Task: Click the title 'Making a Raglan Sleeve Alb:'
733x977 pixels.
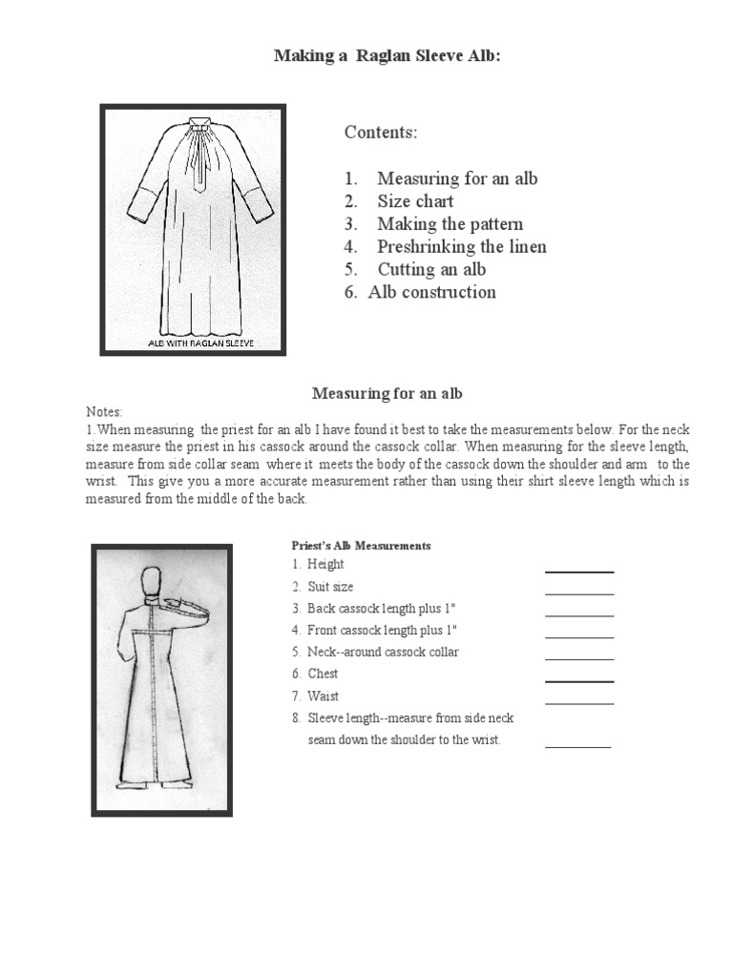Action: [387, 56]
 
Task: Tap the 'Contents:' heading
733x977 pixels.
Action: [381, 133]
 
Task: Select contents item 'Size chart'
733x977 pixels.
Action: [415, 201]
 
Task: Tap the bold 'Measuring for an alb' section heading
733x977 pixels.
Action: [387, 393]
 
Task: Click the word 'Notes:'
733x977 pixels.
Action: [104, 412]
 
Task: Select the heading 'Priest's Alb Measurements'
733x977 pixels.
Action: [361, 546]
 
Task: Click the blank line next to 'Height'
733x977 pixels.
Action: [578, 571]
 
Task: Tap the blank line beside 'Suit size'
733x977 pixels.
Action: [578, 592]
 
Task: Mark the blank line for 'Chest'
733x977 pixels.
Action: [578, 680]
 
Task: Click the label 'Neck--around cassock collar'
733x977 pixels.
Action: [383, 653]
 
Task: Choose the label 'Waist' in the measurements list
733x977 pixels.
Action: [323, 696]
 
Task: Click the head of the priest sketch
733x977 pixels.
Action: [150, 582]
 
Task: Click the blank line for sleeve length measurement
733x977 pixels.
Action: [577, 746]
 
